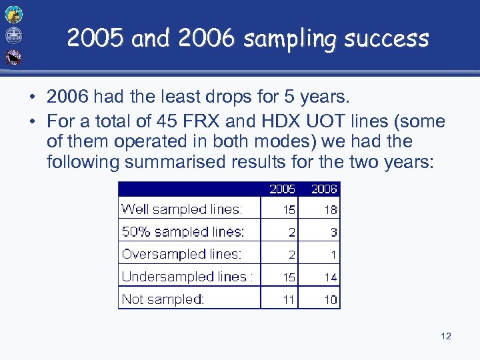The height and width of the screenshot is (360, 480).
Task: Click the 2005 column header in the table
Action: (282, 189)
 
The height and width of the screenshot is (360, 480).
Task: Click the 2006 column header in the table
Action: (324, 189)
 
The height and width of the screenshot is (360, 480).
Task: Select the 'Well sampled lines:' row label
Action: (181, 209)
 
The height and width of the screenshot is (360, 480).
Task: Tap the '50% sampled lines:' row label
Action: (183, 232)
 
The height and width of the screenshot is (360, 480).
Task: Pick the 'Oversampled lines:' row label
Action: (181, 254)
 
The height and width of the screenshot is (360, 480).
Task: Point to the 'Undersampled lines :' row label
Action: (187, 277)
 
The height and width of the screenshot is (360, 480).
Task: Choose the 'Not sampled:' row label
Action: (163, 299)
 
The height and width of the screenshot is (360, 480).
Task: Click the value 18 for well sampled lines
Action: (330, 210)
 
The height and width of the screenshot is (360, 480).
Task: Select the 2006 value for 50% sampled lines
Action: (333, 233)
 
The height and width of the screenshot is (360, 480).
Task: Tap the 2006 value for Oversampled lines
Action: (333, 255)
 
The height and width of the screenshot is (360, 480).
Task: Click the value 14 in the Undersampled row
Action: (330, 277)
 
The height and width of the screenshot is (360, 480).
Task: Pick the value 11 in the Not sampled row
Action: (288, 300)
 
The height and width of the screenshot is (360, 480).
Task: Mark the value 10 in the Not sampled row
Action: (330, 300)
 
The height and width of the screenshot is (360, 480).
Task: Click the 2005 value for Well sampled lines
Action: (288, 210)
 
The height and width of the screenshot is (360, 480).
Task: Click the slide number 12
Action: (445, 336)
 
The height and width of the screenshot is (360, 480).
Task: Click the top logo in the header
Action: (13, 14)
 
